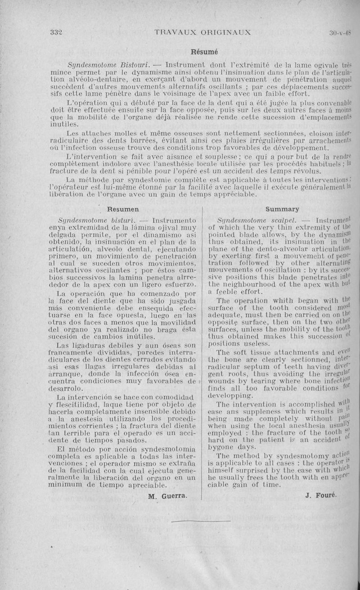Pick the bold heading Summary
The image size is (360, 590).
[282, 209]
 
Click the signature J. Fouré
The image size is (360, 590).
[320, 496]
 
